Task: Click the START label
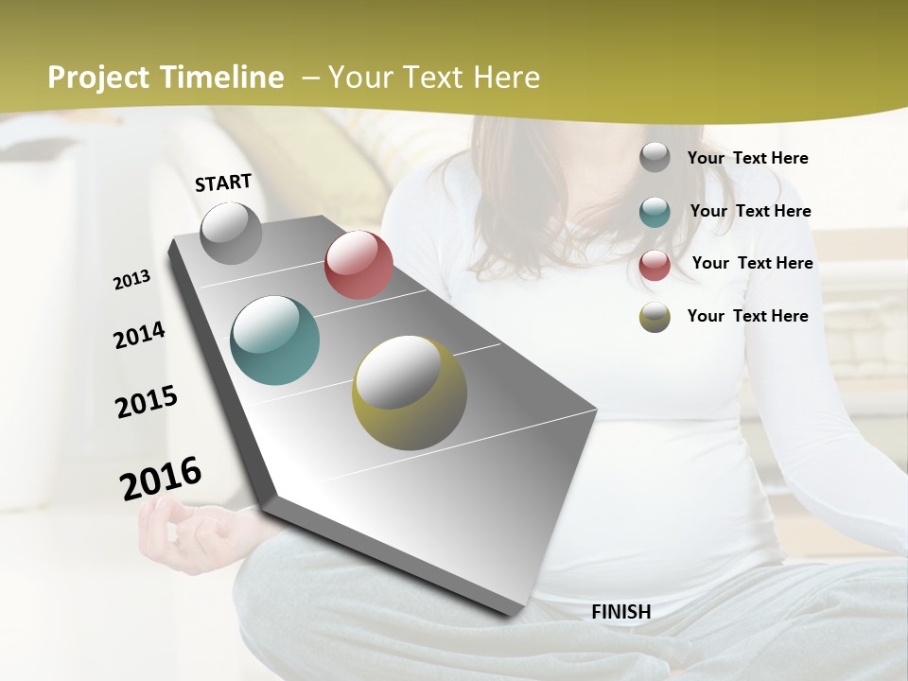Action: pos(223,183)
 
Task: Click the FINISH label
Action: pos(620,612)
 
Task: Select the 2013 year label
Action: pos(131,280)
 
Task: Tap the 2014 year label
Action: pos(139,336)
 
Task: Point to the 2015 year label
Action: pos(147,402)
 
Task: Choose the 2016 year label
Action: pos(161,479)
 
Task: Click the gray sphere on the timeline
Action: pos(232,233)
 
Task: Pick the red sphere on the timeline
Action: pos(358,265)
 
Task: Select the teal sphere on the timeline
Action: pos(275,340)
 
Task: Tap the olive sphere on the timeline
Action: pos(410,393)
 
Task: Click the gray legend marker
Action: pos(655,157)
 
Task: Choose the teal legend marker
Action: pos(655,212)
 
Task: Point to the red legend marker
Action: pos(655,265)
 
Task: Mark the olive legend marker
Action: pos(655,317)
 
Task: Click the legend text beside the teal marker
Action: pos(750,211)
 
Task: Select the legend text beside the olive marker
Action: pos(747,316)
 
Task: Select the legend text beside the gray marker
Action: pos(747,158)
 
